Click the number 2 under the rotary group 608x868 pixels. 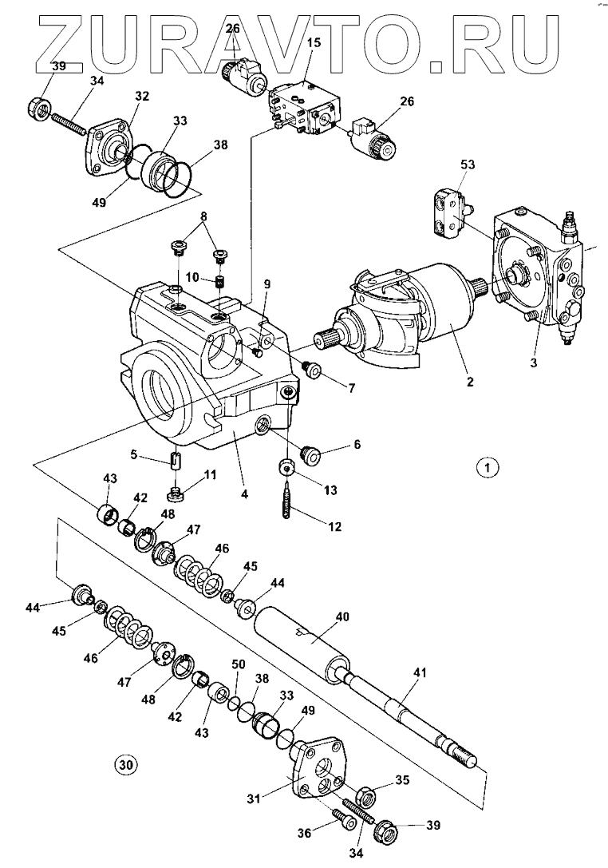(470, 382)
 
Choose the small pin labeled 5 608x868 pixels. (176, 462)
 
